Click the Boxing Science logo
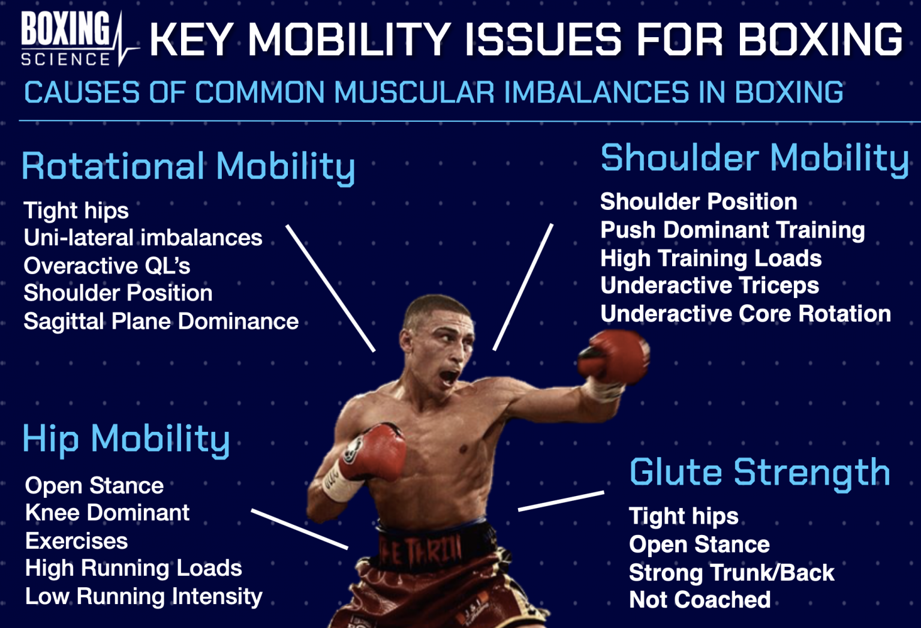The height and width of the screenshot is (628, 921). pyautogui.click(x=72, y=38)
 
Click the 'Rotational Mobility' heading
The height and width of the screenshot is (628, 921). pyautogui.click(x=188, y=167)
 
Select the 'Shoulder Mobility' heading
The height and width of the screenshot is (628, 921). pyautogui.click(x=754, y=158)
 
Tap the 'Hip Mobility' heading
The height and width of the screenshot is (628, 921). pyautogui.click(x=126, y=439)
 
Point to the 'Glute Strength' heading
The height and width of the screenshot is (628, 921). pyautogui.click(x=759, y=472)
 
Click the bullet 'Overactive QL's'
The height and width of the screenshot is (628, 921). pyautogui.click(x=107, y=266)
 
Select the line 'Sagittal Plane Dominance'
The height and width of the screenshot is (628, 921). pyautogui.click(x=161, y=321)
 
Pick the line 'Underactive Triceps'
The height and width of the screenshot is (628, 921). pyautogui.click(x=709, y=286)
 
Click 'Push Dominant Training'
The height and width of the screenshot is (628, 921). pyautogui.click(x=732, y=230)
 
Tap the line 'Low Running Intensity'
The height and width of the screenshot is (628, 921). pyautogui.click(x=143, y=596)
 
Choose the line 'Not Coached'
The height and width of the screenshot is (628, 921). pyautogui.click(x=699, y=600)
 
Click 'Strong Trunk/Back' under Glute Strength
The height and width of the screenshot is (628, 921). pyautogui.click(x=731, y=572)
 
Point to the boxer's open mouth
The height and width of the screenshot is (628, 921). pyautogui.click(x=450, y=377)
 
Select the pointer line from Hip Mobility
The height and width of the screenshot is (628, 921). pyautogui.click(x=299, y=529)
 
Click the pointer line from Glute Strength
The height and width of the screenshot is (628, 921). pyautogui.click(x=561, y=501)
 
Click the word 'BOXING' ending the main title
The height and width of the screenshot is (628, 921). pyautogui.click(x=820, y=40)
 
